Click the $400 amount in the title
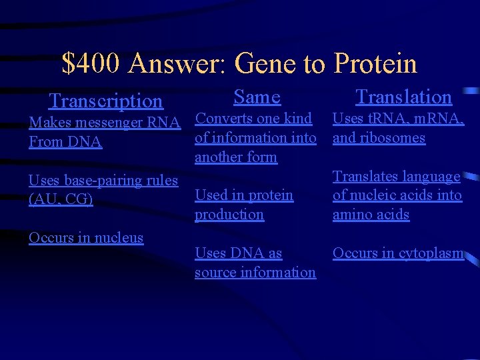point(91,64)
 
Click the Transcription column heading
point(105,101)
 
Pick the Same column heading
point(257,97)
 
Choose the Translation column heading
point(403,97)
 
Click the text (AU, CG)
point(61,199)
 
